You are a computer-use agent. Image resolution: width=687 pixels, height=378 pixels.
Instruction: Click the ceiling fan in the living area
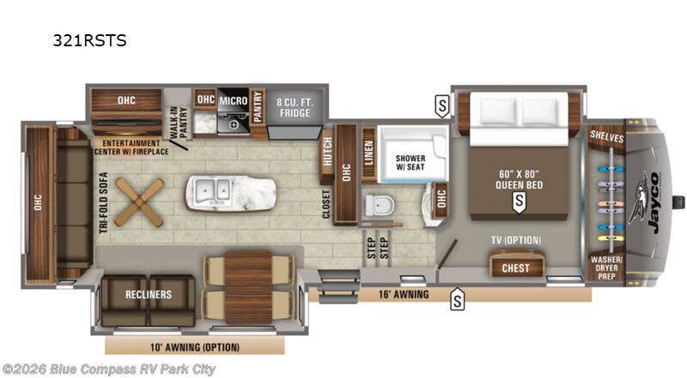138,201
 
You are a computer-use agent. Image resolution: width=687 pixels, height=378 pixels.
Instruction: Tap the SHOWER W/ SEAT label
410,163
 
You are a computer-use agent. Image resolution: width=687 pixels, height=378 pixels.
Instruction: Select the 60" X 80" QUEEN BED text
517,177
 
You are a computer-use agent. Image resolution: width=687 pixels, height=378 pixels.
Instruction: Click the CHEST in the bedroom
516,268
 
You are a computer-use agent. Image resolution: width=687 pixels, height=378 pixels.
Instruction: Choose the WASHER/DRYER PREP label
607,264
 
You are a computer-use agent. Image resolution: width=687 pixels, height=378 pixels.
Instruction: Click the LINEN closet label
368,154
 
